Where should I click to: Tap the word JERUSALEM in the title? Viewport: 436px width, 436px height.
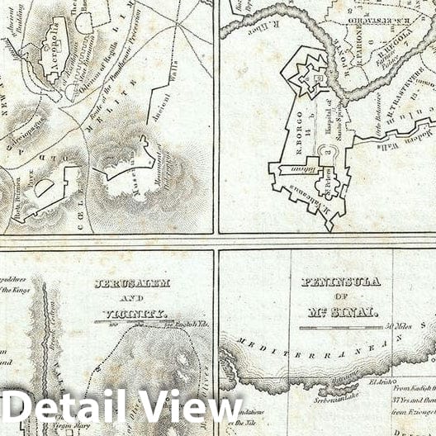(133, 283)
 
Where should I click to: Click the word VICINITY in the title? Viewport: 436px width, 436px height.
(136, 314)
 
